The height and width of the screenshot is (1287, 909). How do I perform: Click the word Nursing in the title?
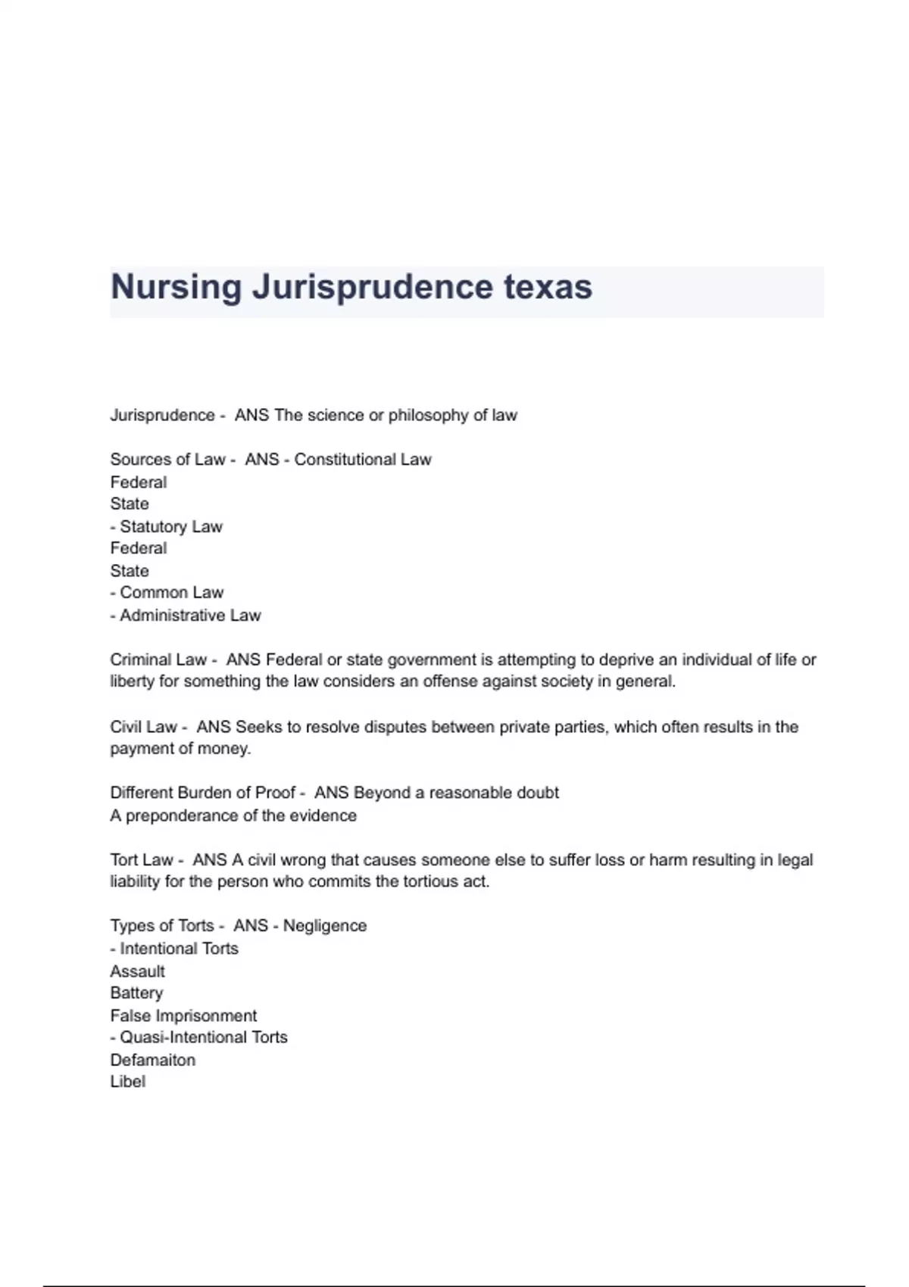176,288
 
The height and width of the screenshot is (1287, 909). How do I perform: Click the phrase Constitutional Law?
363,460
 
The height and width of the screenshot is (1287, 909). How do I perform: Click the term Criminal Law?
158,660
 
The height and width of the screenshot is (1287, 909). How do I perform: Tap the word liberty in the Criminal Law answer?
133,681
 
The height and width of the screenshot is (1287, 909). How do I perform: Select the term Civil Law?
143,728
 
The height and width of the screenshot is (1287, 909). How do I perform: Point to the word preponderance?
177,816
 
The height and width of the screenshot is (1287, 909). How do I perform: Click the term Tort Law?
142,861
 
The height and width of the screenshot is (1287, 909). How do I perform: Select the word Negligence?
325,926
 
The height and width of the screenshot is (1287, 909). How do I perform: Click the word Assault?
137,971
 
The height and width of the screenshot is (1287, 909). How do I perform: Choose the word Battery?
136,993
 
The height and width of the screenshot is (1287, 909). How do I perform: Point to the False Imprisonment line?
183,1016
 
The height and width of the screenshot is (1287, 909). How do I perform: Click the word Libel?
127,1082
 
